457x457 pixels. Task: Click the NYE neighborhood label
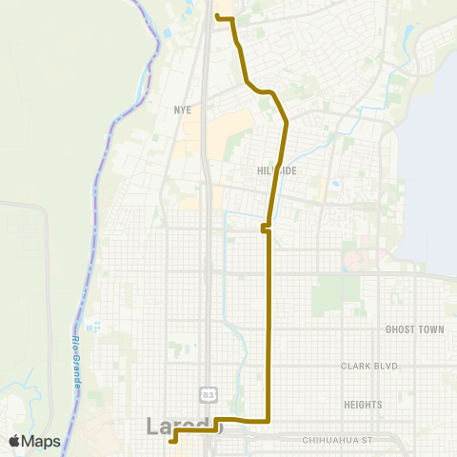click(183, 109)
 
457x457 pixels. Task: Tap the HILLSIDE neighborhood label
click(276, 170)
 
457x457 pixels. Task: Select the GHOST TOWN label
click(415, 329)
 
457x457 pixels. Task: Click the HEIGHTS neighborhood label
click(363, 405)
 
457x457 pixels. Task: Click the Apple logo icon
click(15, 441)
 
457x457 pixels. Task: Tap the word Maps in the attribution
click(42, 441)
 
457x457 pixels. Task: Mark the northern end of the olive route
click(218, 16)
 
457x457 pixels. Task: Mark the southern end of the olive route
click(171, 441)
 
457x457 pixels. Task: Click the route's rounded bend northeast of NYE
click(272, 93)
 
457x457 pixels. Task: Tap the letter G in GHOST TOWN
click(388, 329)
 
